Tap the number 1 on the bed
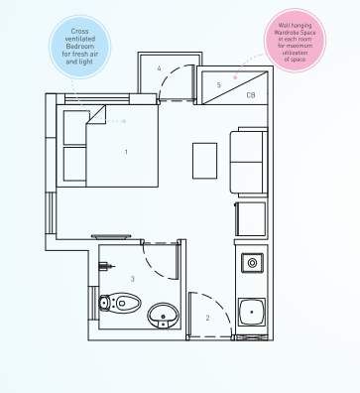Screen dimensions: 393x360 click(126, 152)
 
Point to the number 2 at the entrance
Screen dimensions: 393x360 click(207, 318)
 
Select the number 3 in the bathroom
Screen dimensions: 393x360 click(132, 280)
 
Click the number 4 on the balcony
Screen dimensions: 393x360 click(159, 67)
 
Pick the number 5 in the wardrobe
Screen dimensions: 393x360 click(219, 85)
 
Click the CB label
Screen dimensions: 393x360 click(252, 94)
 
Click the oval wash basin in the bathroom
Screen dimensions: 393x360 click(163, 317)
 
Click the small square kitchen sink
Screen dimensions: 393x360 click(253, 263)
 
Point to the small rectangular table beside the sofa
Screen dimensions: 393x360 click(204, 160)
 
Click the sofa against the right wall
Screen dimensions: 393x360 click(248, 162)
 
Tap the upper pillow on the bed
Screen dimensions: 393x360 click(74, 127)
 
